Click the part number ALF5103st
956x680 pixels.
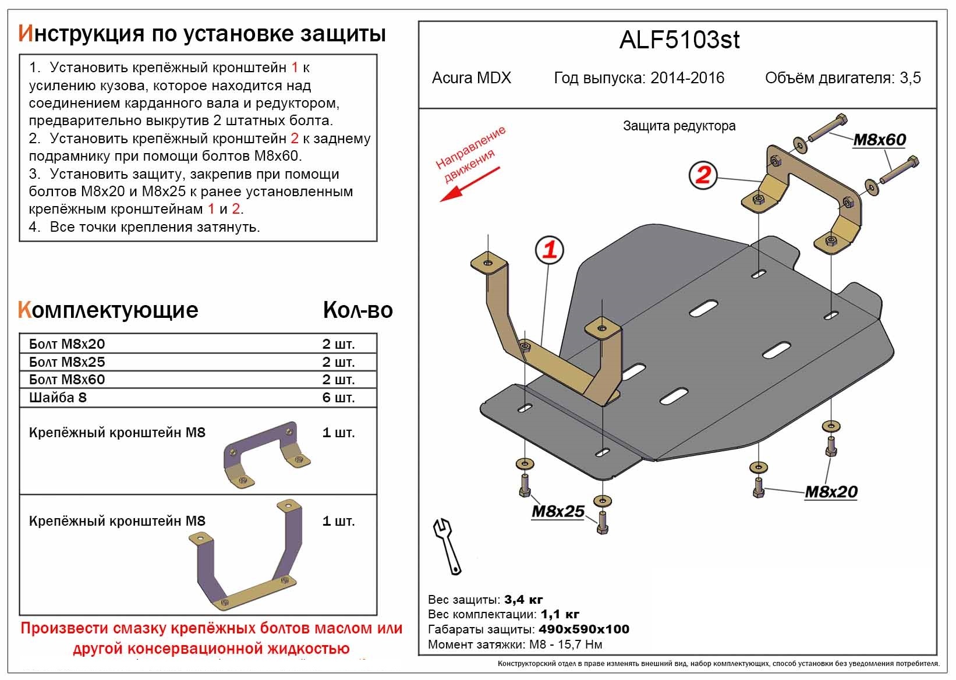(679, 40)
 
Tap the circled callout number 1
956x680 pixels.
(550, 250)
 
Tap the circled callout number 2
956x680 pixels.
(703, 175)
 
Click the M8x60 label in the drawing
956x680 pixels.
(879, 140)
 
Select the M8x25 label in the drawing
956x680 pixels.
(557, 511)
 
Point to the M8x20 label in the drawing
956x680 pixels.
(831, 492)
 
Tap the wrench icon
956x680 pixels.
(447, 546)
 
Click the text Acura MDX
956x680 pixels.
(471, 78)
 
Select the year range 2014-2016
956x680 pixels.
(687, 78)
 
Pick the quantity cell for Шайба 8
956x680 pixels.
(338, 398)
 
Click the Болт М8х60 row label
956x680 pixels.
(67, 380)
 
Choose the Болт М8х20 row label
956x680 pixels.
(67, 344)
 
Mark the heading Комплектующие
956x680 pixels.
(108, 310)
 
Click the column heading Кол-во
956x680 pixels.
(357, 310)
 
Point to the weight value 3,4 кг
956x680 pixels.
(523, 600)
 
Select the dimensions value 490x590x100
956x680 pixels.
(584, 629)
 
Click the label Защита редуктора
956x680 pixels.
(679, 126)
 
